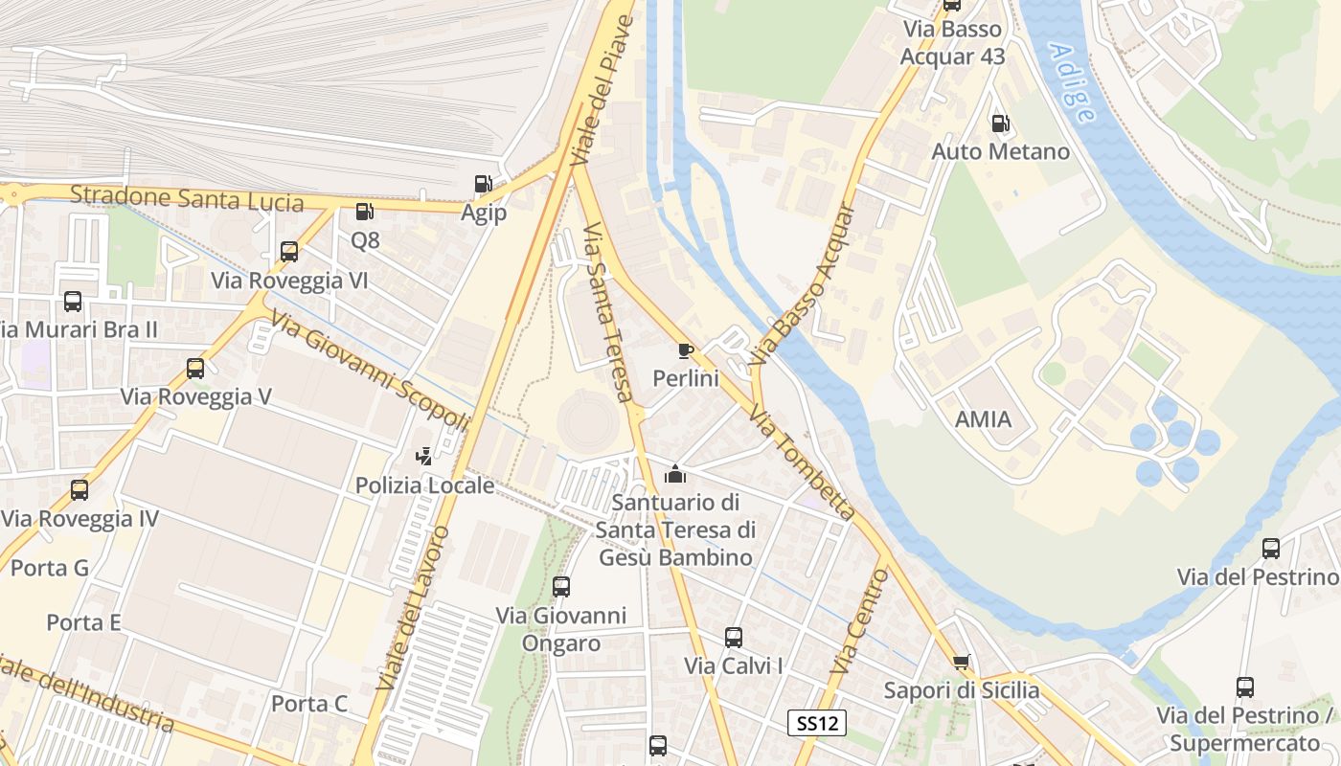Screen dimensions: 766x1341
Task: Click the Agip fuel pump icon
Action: click(x=484, y=184)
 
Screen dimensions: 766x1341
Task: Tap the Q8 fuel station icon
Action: click(x=364, y=212)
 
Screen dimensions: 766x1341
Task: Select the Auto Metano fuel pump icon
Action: click(x=1000, y=123)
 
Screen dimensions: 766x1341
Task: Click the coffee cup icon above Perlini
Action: click(x=685, y=350)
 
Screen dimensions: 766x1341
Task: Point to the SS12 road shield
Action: click(x=817, y=723)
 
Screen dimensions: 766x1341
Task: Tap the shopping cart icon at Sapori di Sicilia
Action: click(x=962, y=662)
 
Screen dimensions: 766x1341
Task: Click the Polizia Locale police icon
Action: click(x=423, y=457)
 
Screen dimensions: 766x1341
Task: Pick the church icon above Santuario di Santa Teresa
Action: click(x=675, y=473)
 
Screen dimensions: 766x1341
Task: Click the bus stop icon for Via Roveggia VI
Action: click(x=289, y=252)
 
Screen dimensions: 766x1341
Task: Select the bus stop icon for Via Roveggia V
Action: click(x=195, y=369)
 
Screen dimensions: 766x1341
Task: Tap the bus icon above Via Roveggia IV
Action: click(x=80, y=490)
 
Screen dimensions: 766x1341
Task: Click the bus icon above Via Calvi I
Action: click(x=734, y=637)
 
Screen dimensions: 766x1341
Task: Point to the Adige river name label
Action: click(x=1072, y=82)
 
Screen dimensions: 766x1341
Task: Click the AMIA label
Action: click(x=983, y=419)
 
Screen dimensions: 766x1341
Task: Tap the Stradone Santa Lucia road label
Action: click(x=187, y=199)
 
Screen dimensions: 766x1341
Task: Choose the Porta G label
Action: click(x=50, y=568)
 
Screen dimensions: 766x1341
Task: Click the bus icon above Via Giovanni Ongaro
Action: click(x=561, y=586)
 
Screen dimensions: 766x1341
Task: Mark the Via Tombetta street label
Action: click(x=802, y=462)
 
